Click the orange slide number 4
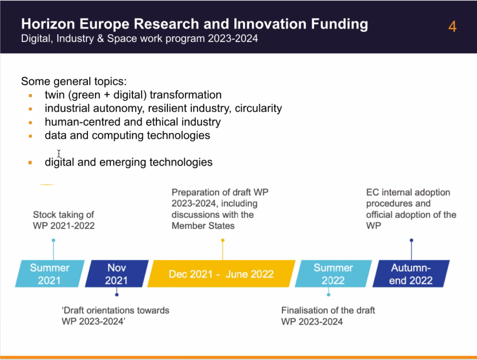(452, 27)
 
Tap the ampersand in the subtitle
(101, 39)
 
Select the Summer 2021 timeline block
(50, 274)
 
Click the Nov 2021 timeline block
(117, 274)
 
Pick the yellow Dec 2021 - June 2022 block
(221, 274)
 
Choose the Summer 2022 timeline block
(333, 274)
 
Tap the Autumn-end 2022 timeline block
(411, 274)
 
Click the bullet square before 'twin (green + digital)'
(30, 95)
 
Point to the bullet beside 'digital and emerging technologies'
(30, 163)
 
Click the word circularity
(258, 108)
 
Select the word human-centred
(83, 122)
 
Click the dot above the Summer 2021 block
(54, 240)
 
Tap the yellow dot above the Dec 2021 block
(223, 240)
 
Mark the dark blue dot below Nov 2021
(117, 295)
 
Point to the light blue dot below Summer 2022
(329, 295)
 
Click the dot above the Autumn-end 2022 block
(411, 240)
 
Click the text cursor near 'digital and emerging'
(59, 153)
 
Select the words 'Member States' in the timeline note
(203, 226)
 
